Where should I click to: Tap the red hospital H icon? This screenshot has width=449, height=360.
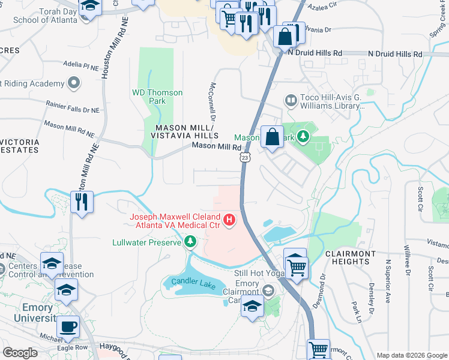point(229,221)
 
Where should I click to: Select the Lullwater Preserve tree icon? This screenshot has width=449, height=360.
point(190,242)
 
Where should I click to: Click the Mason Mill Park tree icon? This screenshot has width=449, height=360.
point(304,137)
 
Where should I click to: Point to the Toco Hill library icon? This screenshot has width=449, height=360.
point(291,100)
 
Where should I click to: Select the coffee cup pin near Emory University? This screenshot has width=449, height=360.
point(68,328)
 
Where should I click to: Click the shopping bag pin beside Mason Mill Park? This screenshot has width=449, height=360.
point(272,137)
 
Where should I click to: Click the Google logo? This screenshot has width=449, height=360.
point(20,352)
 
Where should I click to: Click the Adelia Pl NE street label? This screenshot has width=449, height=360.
point(81,64)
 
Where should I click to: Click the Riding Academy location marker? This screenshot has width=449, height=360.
point(74,83)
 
